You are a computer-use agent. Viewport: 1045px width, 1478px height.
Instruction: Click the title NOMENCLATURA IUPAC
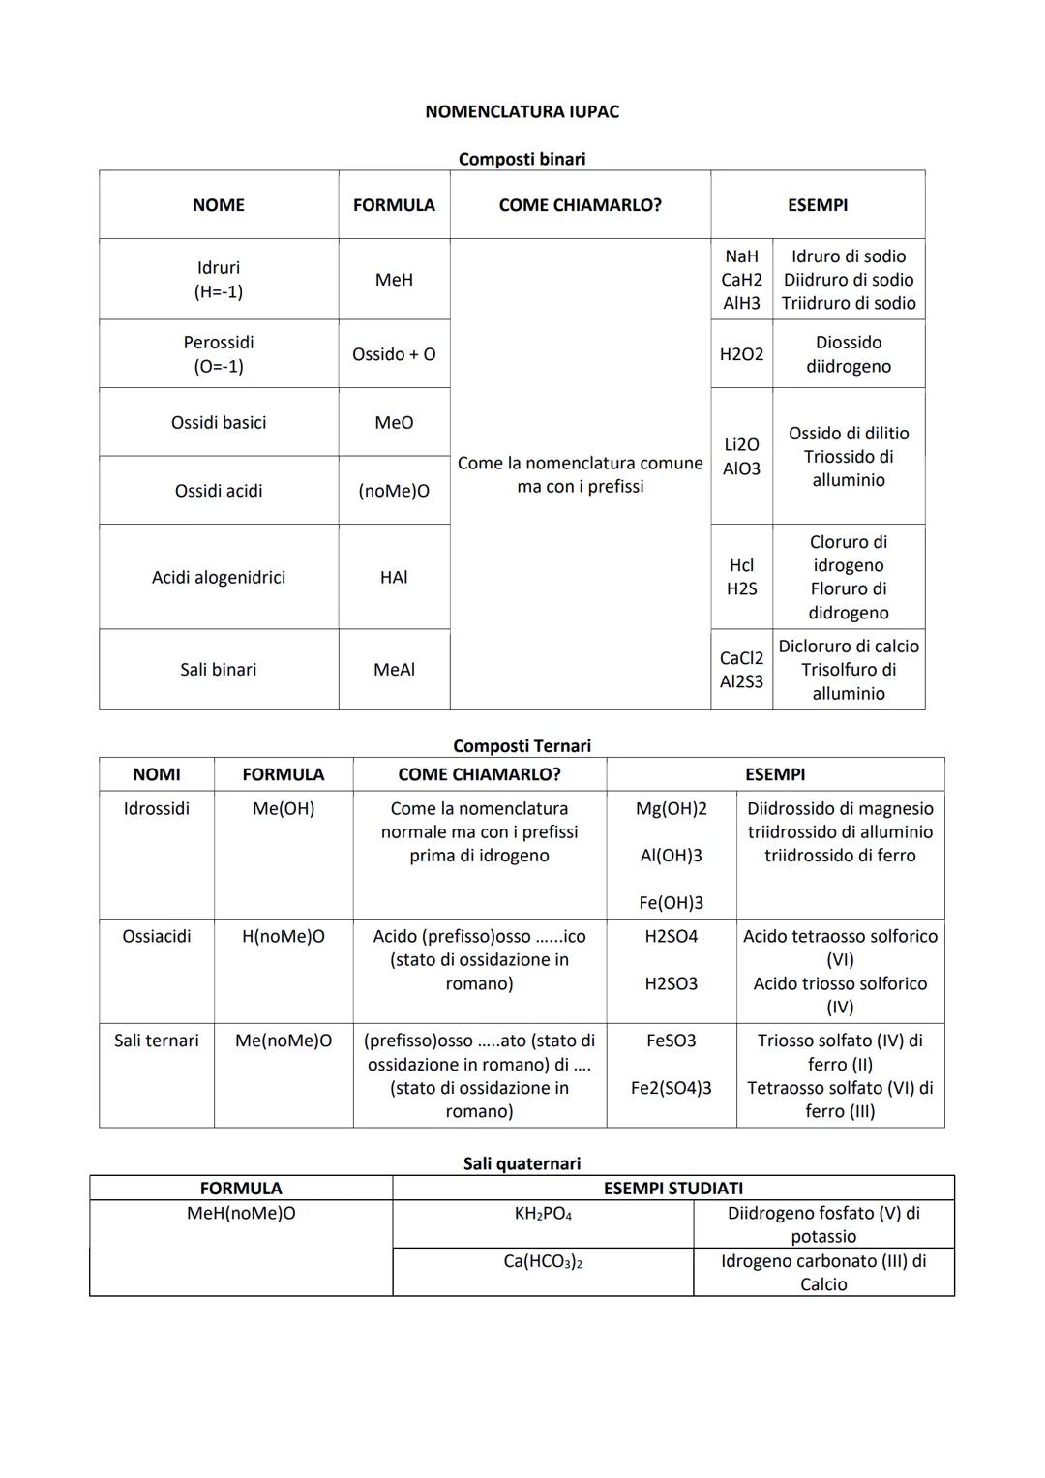522,111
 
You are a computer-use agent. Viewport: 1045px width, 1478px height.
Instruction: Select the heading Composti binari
522,159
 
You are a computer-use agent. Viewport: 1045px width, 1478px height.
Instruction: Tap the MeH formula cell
394,280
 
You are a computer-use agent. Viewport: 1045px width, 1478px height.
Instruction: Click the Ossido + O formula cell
394,354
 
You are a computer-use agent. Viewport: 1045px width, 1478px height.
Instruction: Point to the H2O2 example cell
741,354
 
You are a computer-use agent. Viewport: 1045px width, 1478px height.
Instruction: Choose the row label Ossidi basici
219,423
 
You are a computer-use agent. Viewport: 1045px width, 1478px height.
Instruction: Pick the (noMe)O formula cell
394,491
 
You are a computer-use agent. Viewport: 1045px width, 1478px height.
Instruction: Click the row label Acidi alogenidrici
219,578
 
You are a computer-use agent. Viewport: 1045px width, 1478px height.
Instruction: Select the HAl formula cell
394,578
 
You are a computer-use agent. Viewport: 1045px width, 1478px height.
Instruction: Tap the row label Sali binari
219,670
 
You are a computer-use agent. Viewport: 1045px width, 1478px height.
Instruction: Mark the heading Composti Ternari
522,746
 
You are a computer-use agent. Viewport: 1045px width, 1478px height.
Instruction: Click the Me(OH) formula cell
284,809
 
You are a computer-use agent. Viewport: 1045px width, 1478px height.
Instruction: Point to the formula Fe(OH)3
672,903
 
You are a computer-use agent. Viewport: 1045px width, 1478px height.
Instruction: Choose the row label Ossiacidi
157,937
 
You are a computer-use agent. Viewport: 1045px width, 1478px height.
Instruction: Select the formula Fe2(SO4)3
672,1088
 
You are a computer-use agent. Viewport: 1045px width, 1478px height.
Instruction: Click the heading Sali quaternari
522,1163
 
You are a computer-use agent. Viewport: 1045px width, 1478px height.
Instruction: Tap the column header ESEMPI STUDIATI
673,1189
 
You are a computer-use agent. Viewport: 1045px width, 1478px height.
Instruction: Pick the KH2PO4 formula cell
543,1214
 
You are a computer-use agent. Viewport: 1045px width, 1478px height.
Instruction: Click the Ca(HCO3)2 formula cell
543,1262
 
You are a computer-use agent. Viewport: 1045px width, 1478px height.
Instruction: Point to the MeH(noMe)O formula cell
241,1214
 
